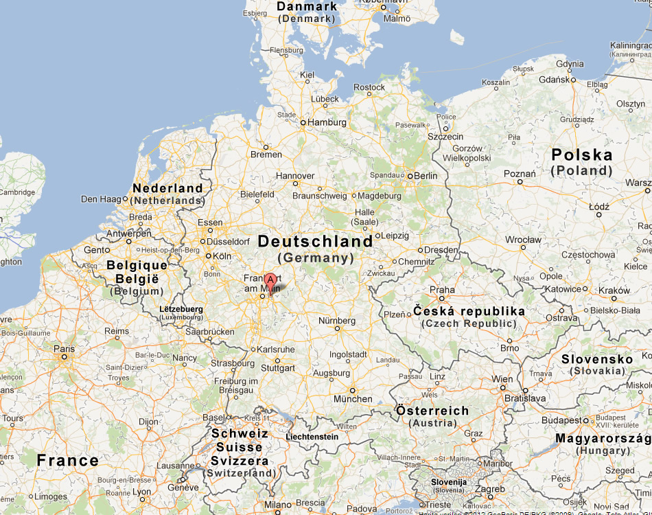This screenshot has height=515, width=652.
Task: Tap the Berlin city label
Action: (426, 176)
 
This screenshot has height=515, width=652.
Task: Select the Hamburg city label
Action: (327, 122)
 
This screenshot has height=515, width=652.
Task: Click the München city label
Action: (353, 399)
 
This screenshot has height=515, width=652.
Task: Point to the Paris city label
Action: (65, 348)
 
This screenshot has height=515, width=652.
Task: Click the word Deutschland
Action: (315, 242)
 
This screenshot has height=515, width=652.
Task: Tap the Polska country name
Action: (582, 155)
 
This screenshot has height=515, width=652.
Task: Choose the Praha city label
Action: (442, 290)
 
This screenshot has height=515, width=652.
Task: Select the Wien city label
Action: (502, 379)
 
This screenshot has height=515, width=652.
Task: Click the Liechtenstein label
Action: (312, 437)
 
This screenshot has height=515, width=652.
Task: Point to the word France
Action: (67, 461)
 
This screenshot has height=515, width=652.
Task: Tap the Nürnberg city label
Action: (336, 321)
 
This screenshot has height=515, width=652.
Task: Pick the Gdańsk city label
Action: (555, 80)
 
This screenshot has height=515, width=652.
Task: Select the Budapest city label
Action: (560, 420)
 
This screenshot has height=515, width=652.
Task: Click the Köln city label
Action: (222, 256)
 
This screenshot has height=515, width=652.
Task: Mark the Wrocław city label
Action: (523, 240)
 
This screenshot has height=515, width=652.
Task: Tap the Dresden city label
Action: (442, 251)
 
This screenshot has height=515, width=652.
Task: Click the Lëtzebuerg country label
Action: (181, 310)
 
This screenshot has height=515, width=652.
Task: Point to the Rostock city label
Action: (369, 87)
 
